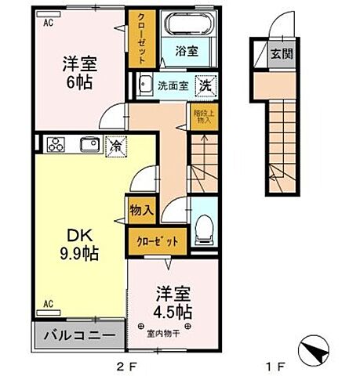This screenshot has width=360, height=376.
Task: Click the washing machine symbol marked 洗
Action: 204,85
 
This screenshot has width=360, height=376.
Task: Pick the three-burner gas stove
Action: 57,143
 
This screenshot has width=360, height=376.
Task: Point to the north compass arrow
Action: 320,351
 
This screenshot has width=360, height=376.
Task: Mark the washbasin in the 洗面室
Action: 145,85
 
